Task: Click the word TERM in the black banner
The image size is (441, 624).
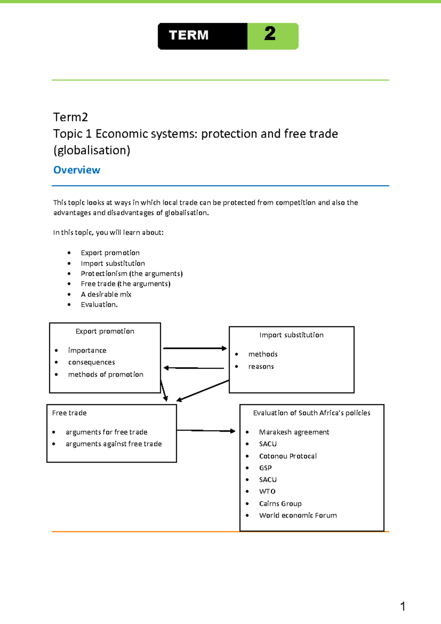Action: coord(189,35)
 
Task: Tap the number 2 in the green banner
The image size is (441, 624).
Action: coord(270,34)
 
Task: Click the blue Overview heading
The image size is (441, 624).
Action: coord(77,170)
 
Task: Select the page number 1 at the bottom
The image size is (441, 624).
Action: coord(403,606)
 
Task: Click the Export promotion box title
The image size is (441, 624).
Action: coord(105,331)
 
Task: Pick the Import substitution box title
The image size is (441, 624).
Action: coord(291,335)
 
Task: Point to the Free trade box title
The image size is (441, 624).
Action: coord(69,413)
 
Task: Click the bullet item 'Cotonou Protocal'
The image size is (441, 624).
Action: coord(288,456)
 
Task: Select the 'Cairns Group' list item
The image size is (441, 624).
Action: coord(280,504)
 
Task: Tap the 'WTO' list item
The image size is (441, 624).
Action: coord(267,492)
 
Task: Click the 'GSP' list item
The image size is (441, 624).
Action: coord(265,468)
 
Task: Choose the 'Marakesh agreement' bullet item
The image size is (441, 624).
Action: coord(294,432)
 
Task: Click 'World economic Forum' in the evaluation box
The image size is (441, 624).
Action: coord(298,515)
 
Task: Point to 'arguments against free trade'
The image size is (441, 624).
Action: coord(114,444)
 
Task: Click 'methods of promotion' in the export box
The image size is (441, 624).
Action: coord(105,375)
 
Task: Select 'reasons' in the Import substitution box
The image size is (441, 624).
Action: coord(261,367)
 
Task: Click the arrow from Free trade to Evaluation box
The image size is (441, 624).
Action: coord(206,431)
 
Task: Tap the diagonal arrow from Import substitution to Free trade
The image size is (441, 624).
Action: coord(203,390)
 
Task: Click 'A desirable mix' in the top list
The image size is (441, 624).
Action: coord(106,294)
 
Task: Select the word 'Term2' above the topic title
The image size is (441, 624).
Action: coord(71,117)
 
